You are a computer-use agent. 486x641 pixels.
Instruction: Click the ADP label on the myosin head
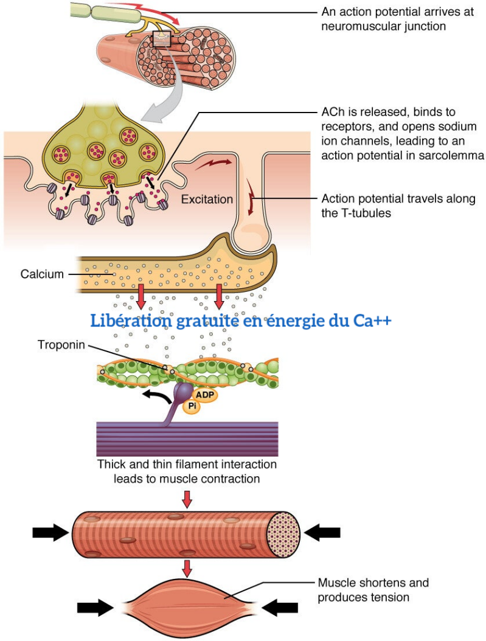tap(206, 393)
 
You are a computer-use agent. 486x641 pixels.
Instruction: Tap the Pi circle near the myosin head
tap(192, 406)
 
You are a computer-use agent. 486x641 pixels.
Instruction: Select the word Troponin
tap(61, 345)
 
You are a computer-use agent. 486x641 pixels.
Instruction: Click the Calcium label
tap(41, 274)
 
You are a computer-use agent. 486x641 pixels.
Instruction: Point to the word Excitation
tap(206, 199)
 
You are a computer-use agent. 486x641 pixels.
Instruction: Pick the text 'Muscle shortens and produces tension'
tap(373, 590)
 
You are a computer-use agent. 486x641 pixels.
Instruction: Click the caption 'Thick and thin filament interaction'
tap(187, 465)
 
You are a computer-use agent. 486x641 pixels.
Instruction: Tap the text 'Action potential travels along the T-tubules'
tap(398, 206)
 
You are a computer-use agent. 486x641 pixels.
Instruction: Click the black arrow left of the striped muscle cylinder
tap(51, 533)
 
